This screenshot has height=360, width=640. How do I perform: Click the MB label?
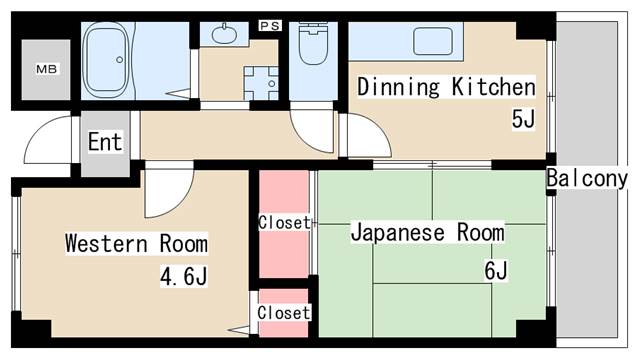click(x=47, y=69)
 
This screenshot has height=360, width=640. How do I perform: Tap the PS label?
click(x=270, y=26)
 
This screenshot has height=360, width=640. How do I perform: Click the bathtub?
click(x=106, y=60)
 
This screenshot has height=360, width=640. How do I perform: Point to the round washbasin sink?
click(x=224, y=34)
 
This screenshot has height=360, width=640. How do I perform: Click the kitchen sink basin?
click(x=433, y=41)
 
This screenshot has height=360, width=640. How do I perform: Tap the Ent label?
click(x=105, y=142)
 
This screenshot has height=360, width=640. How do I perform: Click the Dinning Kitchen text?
click(x=446, y=87)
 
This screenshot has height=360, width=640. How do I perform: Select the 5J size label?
click(x=523, y=119)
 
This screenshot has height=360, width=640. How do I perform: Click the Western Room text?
click(x=136, y=244)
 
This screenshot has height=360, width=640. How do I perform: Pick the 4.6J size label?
click(x=184, y=276)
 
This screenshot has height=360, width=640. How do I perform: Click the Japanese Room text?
click(x=427, y=233)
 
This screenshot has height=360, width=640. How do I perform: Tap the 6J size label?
click(x=496, y=270)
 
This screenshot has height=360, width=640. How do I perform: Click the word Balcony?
click(x=587, y=178)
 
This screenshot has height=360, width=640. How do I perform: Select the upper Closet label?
click(x=284, y=222)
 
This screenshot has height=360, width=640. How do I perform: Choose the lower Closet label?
click(x=284, y=313)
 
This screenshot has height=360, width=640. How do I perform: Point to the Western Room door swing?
click(x=180, y=204)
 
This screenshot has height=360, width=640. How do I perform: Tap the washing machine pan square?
click(x=261, y=83)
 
